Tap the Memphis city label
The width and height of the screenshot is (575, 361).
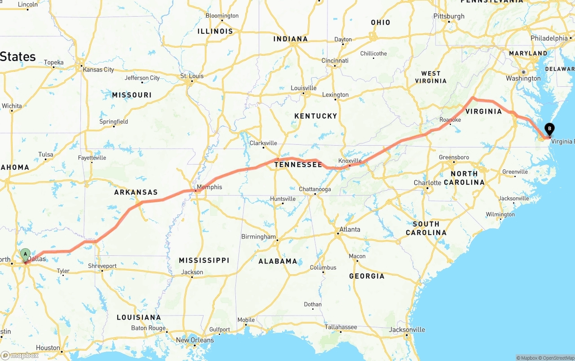[209, 187]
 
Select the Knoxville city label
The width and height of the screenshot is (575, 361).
[350, 160]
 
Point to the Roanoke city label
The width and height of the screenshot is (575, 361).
[450, 120]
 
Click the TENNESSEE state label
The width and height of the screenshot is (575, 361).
[298, 165]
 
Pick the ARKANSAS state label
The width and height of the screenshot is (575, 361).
[136, 192]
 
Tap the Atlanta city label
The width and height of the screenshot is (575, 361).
[349, 229]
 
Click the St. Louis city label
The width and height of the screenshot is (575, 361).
[192, 76]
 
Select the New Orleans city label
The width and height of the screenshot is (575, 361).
[195, 340]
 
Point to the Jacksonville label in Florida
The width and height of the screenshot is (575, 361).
[407, 330]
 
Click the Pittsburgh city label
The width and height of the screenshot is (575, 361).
[449, 16]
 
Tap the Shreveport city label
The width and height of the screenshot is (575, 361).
[102, 266]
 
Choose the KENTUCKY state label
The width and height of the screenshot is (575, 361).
[315, 116]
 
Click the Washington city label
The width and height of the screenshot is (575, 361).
[523, 78]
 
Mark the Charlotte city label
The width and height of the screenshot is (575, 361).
[428, 183]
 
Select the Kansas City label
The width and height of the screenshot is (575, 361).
[98, 70]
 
